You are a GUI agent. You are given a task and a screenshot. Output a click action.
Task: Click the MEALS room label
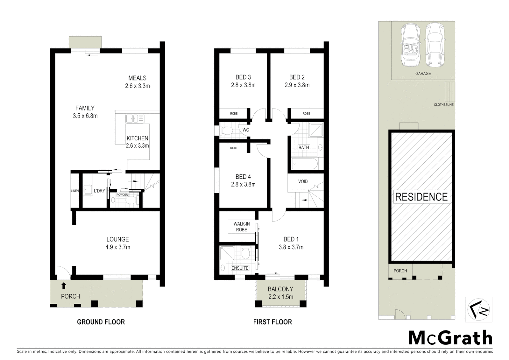coord(137,78)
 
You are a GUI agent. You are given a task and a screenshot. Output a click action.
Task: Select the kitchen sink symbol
coord(135,118)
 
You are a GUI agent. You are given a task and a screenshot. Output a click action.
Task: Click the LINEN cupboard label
coord(75,191)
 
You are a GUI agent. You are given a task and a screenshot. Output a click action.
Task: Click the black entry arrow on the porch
coord(64,286)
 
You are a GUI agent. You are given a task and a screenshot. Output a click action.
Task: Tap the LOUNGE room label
coord(117,239)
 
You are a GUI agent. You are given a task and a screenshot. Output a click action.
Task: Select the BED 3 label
coord(243,77)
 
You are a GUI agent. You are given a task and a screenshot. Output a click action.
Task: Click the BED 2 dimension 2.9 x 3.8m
coord(297,85)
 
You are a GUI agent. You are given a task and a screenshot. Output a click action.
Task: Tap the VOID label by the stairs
coord(303,182)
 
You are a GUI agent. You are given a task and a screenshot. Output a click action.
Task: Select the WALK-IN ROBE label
coord(241,227)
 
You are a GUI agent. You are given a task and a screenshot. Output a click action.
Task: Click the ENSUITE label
coord(240,268)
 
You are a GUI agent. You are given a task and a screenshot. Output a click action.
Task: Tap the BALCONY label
coord(280,289)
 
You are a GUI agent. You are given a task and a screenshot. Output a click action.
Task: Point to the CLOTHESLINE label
coord(444,105)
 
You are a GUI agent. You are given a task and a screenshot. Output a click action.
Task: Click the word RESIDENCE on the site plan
coord(421,197)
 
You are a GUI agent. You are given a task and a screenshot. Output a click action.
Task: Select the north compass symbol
coord(478,310)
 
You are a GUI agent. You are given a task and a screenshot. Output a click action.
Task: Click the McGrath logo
coord(450,338)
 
